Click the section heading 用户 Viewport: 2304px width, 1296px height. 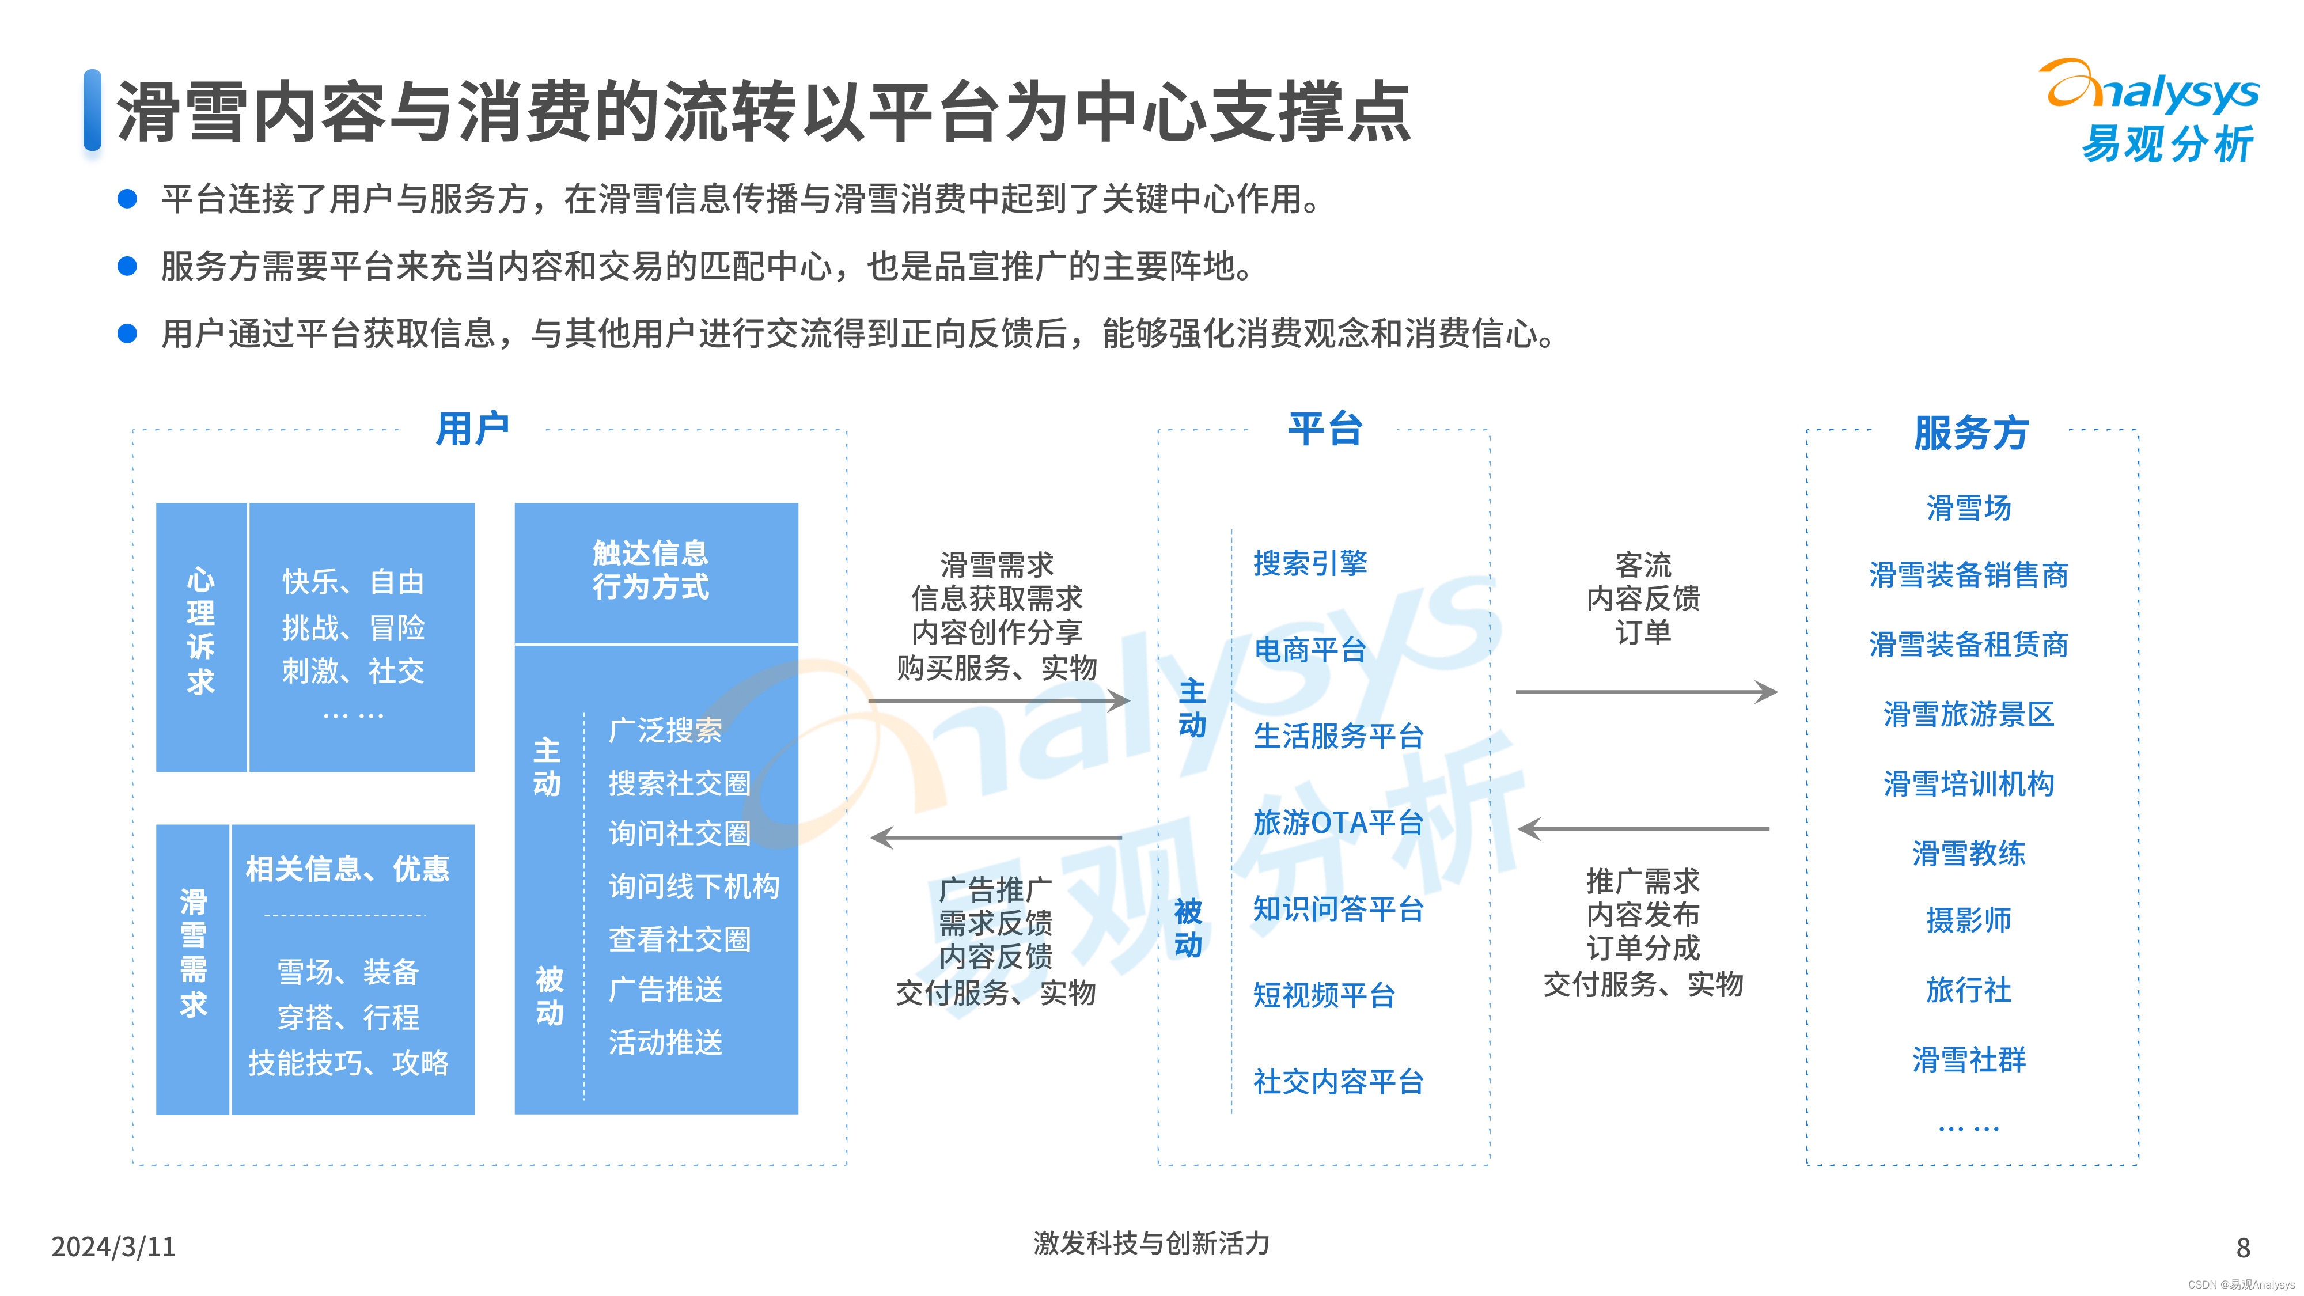tap(472, 429)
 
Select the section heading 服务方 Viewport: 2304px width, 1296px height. tap(1970, 433)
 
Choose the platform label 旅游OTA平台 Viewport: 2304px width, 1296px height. tap(1337, 822)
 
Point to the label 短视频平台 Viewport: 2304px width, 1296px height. tap(1324, 995)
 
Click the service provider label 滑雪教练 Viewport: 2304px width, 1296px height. tap(1969, 853)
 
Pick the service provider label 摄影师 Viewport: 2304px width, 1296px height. tap(1969, 920)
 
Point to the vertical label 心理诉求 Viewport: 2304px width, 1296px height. tap(200, 631)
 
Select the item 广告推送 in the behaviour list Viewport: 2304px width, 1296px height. tap(665, 989)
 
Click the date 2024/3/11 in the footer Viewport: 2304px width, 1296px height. tap(113, 1246)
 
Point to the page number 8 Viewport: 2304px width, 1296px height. tap(2242, 1247)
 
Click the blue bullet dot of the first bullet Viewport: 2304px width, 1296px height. tap(128, 199)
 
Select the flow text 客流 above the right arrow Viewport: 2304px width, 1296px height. tap(1643, 564)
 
